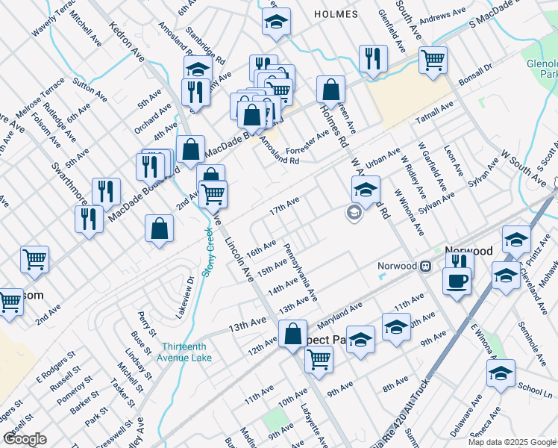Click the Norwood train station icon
pos(425,266)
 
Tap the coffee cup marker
pos(457,280)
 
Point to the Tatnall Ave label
pos(435,111)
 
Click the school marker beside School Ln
pos(501,373)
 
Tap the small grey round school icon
pos(354,214)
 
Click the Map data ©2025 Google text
pos(512,442)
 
